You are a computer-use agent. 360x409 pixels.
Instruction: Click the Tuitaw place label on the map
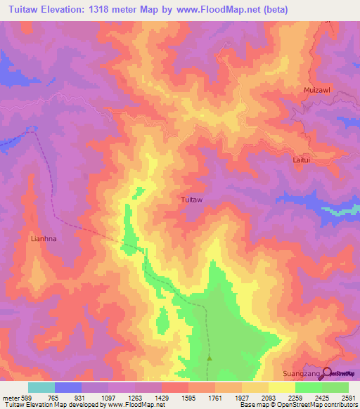(x=192, y=200)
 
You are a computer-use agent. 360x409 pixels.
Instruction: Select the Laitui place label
(x=301, y=160)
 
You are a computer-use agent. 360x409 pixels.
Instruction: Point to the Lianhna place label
(x=43, y=238)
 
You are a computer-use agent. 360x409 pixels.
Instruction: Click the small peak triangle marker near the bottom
(x=209, y=358)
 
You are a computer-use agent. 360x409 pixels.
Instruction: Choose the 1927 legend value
(x=241, y=397)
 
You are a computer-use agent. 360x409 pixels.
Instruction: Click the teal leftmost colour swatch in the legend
(x=41, y=387)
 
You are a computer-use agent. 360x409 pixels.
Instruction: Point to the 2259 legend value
(x=295, y=397)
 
